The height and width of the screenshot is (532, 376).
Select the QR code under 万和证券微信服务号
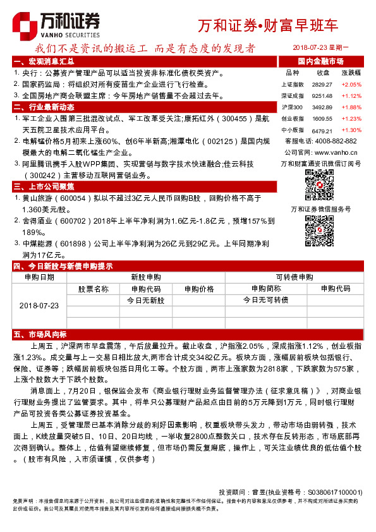tap(320, 230)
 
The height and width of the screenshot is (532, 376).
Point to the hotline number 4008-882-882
tap(335, 141)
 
